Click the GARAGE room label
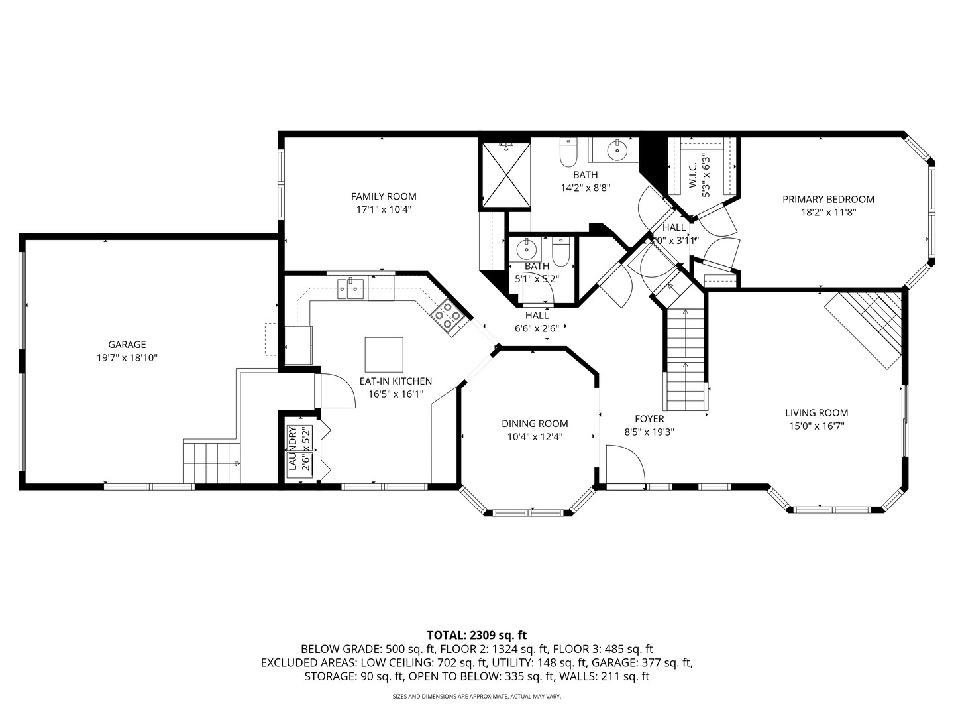127,345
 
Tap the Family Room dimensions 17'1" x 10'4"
384,209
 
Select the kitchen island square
384,355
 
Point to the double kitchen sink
350,287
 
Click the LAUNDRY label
292,449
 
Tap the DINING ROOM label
535,424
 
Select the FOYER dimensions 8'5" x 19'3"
649,432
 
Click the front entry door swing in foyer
625,467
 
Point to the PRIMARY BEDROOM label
828,199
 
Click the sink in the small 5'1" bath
527,250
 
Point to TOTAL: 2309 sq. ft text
476,635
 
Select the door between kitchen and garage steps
335,391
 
